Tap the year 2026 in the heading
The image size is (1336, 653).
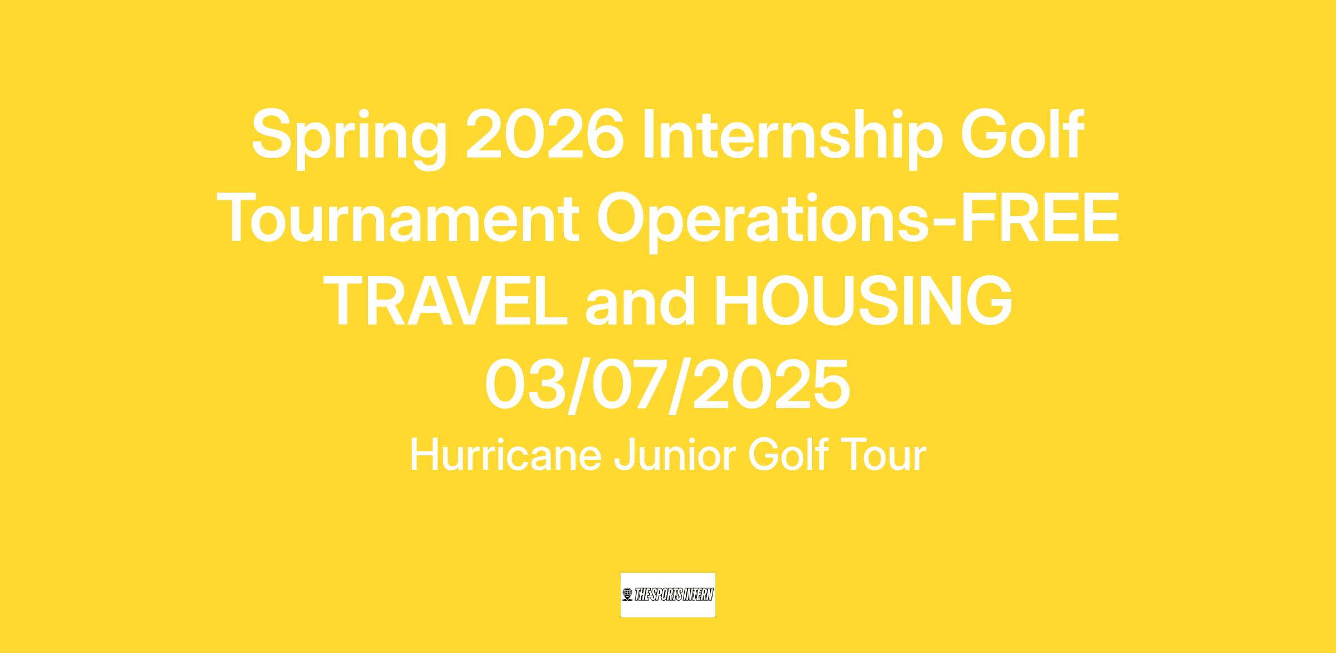coord(544,134)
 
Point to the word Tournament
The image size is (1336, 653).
coord(400,218)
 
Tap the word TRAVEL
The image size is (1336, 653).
coord(445,301)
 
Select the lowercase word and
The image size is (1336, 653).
coord(641,301)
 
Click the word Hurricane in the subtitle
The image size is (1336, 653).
coord(505,455)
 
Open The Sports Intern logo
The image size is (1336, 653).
coord(667,595)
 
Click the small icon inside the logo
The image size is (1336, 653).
coord(628,595)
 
